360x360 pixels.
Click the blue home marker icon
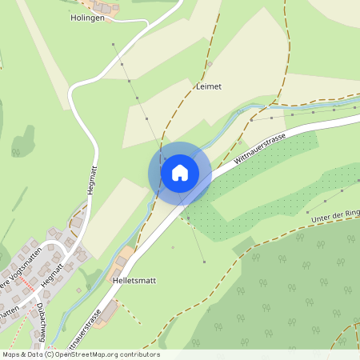click(179, 172)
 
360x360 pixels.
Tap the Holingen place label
click(87, 17)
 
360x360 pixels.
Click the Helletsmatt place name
click(134, 282)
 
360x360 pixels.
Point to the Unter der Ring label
click(334, 214)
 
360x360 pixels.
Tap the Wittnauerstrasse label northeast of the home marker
click(261, 150)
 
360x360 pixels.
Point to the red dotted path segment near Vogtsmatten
click(29, 283)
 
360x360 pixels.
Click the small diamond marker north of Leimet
click(210, 64)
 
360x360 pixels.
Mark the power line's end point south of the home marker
click(204, 262)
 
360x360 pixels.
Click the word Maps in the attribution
click(12, 354)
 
